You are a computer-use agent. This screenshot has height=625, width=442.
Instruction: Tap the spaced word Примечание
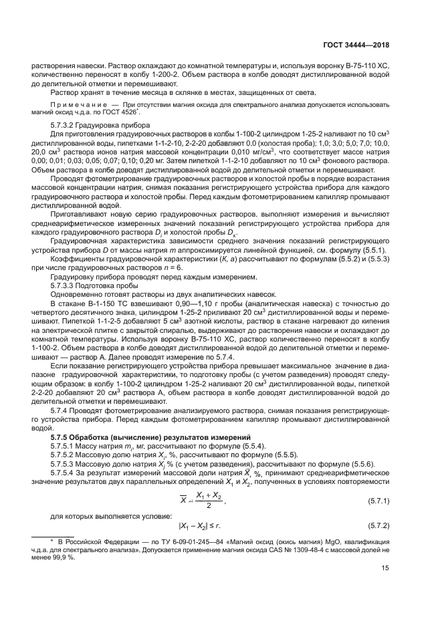click(x=79, y=105)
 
